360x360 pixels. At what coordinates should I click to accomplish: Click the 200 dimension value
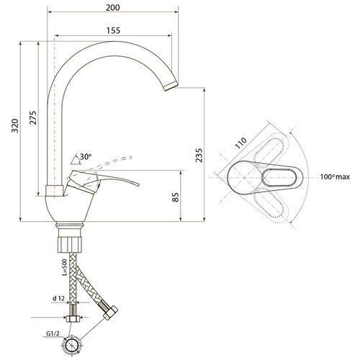point(113,8)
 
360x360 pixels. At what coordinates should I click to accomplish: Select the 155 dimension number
point(113,30)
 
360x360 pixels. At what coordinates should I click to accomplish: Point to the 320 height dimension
point(15,125)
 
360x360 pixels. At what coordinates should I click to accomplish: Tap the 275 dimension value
point(33,117)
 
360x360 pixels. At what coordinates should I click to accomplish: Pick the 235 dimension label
point(199,156)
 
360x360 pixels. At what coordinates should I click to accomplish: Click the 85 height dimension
point(176,197)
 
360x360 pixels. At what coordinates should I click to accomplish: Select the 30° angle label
point(86,157)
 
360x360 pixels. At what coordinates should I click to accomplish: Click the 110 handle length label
point(240,143)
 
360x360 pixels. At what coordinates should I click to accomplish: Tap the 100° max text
point(335,177)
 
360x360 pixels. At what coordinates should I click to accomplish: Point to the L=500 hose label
point(64,267)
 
